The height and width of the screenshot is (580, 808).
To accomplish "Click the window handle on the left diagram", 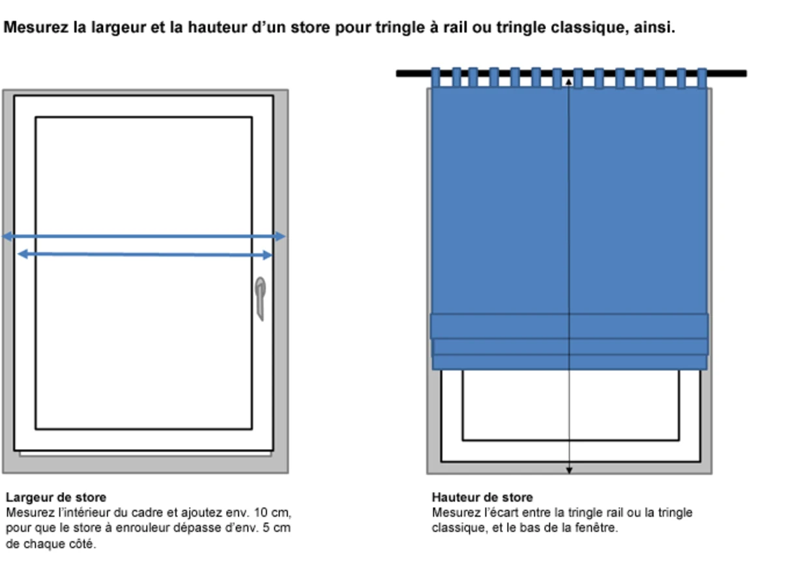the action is (260, 298).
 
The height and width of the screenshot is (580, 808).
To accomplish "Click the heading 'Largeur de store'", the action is (56, 497).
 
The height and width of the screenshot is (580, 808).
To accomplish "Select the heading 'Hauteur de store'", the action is (482, 497).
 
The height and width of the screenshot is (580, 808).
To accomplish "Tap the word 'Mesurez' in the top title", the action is (36, 27).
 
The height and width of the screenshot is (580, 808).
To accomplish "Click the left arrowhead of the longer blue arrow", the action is (7, 237).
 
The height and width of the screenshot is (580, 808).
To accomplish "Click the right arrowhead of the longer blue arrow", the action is (280, 237).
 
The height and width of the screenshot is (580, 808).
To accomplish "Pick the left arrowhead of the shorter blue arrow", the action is (23, 254).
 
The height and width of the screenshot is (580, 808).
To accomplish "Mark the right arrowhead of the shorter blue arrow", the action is (267, 255).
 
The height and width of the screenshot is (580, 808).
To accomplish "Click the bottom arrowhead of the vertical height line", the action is (570, 471).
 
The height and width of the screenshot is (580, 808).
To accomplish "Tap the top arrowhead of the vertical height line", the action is (569, 82).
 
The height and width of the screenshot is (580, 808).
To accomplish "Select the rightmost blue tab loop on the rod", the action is (702, 78).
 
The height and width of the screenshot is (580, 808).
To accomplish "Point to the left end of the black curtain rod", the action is (397, 73).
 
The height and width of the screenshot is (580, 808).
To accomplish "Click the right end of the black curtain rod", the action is (745, 73).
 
